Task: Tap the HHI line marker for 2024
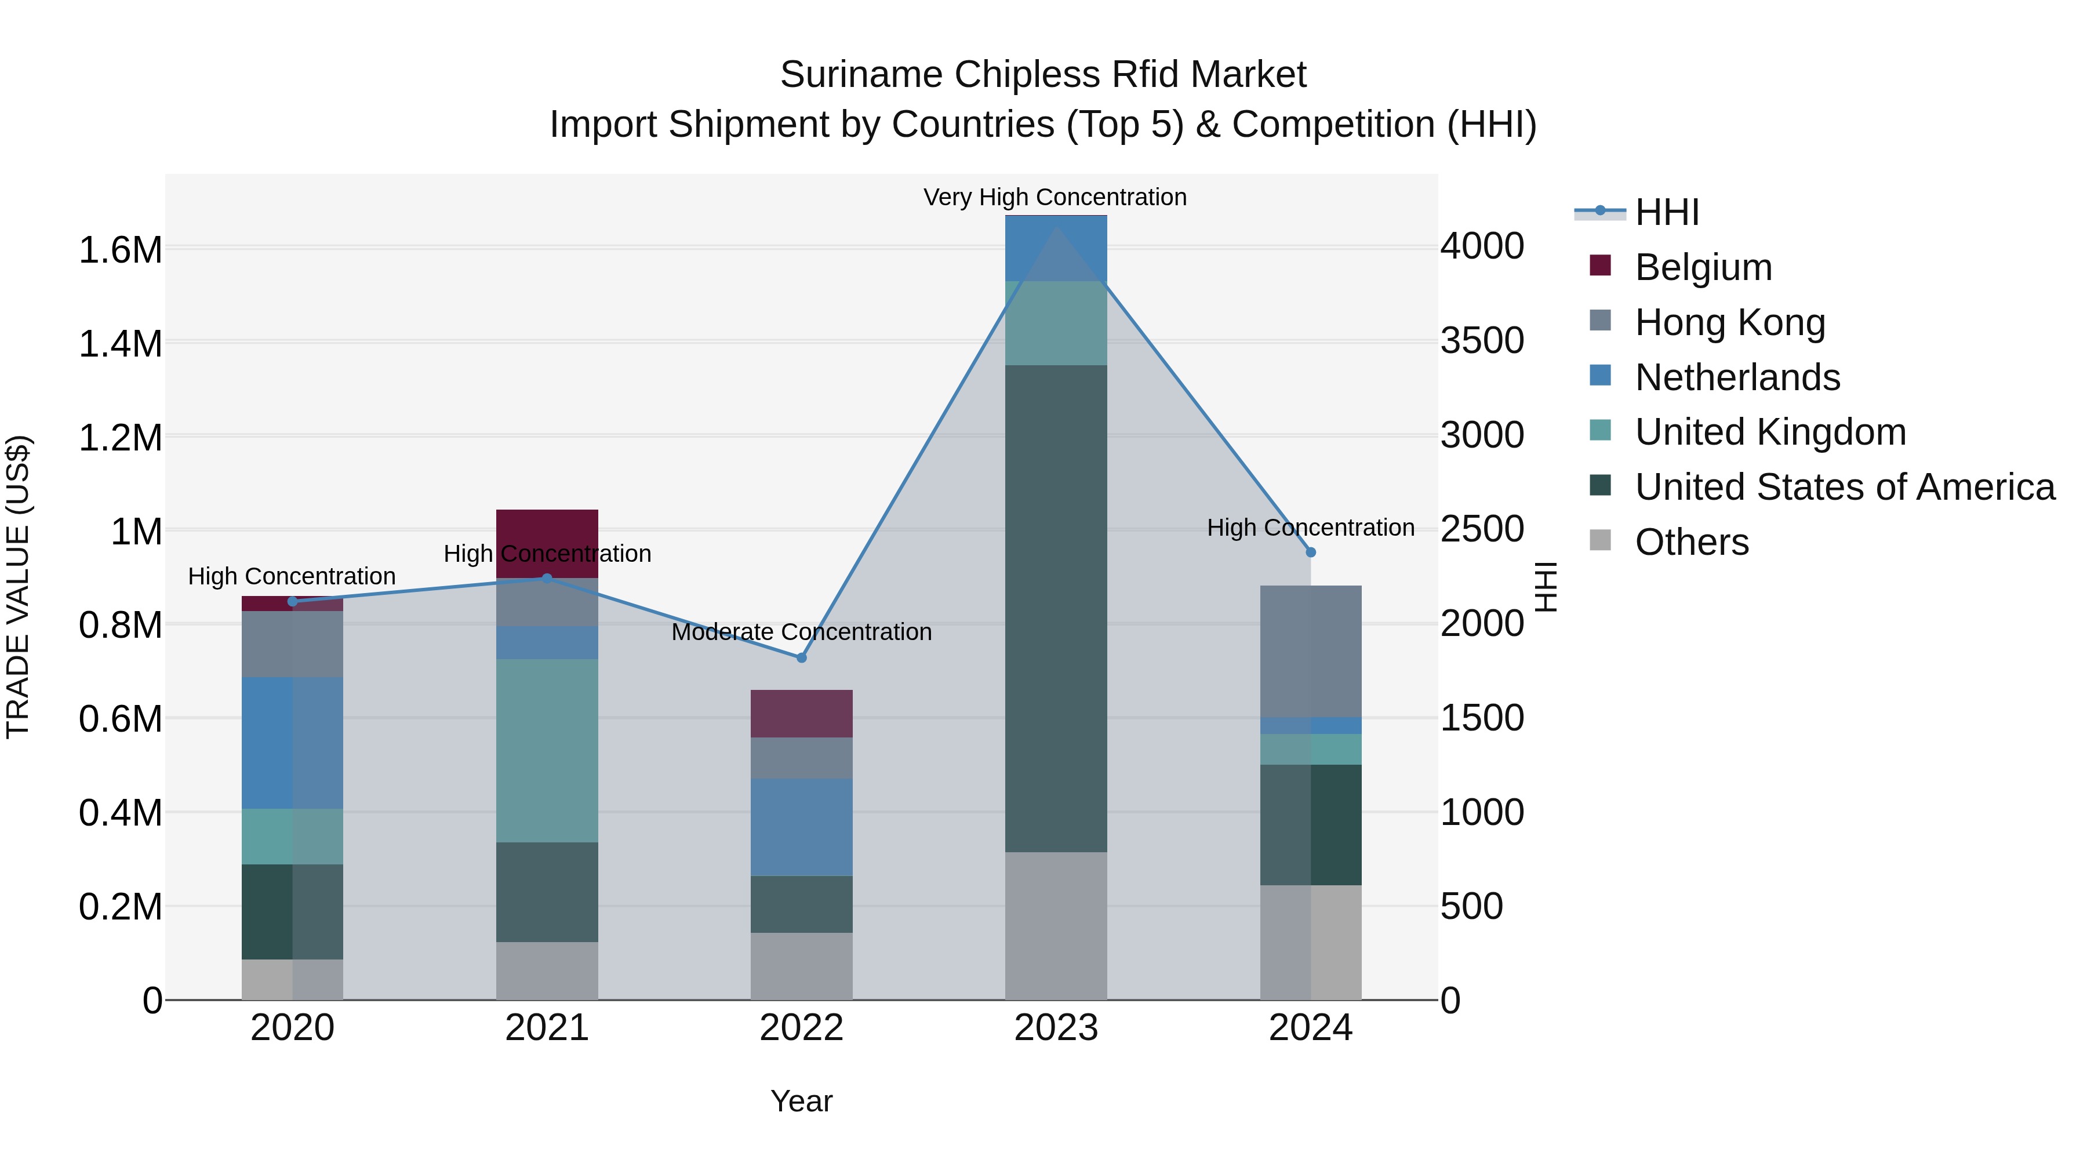tap(1311, 552)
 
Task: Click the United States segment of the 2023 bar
tap(1056, 608)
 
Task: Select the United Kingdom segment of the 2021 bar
tap(547, 750)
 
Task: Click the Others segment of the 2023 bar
tap(1056, 925)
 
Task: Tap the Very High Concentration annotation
tap(1055, 197)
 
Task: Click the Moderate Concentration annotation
tap(801, 632)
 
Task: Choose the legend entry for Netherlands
tap(1737, 377)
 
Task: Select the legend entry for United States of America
tap(1845, 487)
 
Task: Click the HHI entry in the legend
tap(1667, 212)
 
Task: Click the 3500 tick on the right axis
tap(1482, 340)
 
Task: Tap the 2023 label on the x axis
tap(1056, 1028)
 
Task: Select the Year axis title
tap(801, 1101)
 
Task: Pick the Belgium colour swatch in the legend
tap(1600, 265)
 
